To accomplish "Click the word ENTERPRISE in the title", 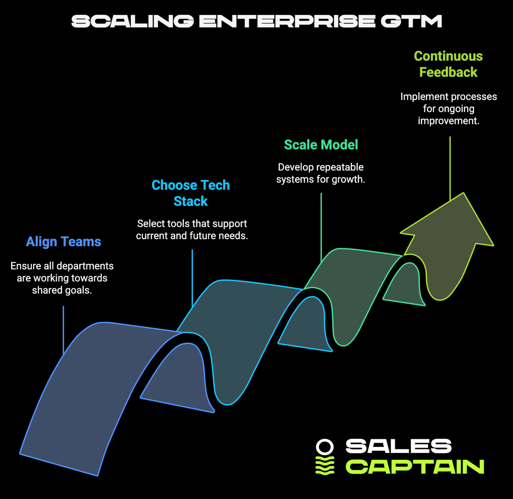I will click(287, 21).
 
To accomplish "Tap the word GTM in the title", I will click(411, 21).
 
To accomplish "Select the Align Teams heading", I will click(63, 242).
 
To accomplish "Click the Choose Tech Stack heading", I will click(191, 193).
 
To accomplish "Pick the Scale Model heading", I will click(321, 145).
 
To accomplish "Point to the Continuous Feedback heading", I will click(448, 64).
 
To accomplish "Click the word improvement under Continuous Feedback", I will click(448, 121).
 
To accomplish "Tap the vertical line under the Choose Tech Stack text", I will click(192, 275).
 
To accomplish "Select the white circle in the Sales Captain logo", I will click(325, 447).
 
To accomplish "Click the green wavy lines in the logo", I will click(325, 466).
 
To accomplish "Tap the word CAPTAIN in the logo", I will click(415, 467).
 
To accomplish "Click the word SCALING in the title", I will click(133, 21).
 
